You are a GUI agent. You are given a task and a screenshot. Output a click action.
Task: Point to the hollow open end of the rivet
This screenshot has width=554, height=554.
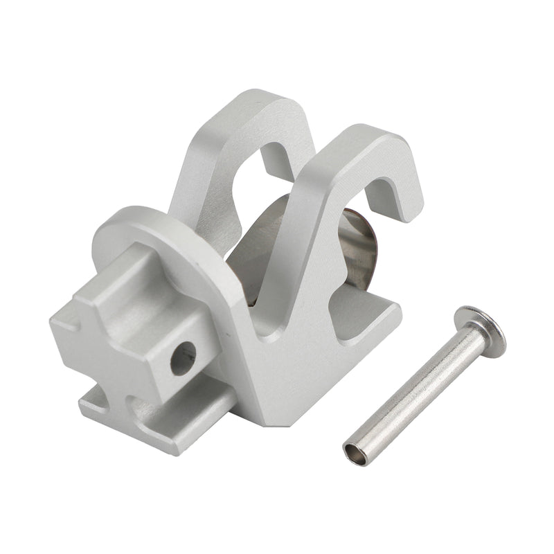355,453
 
